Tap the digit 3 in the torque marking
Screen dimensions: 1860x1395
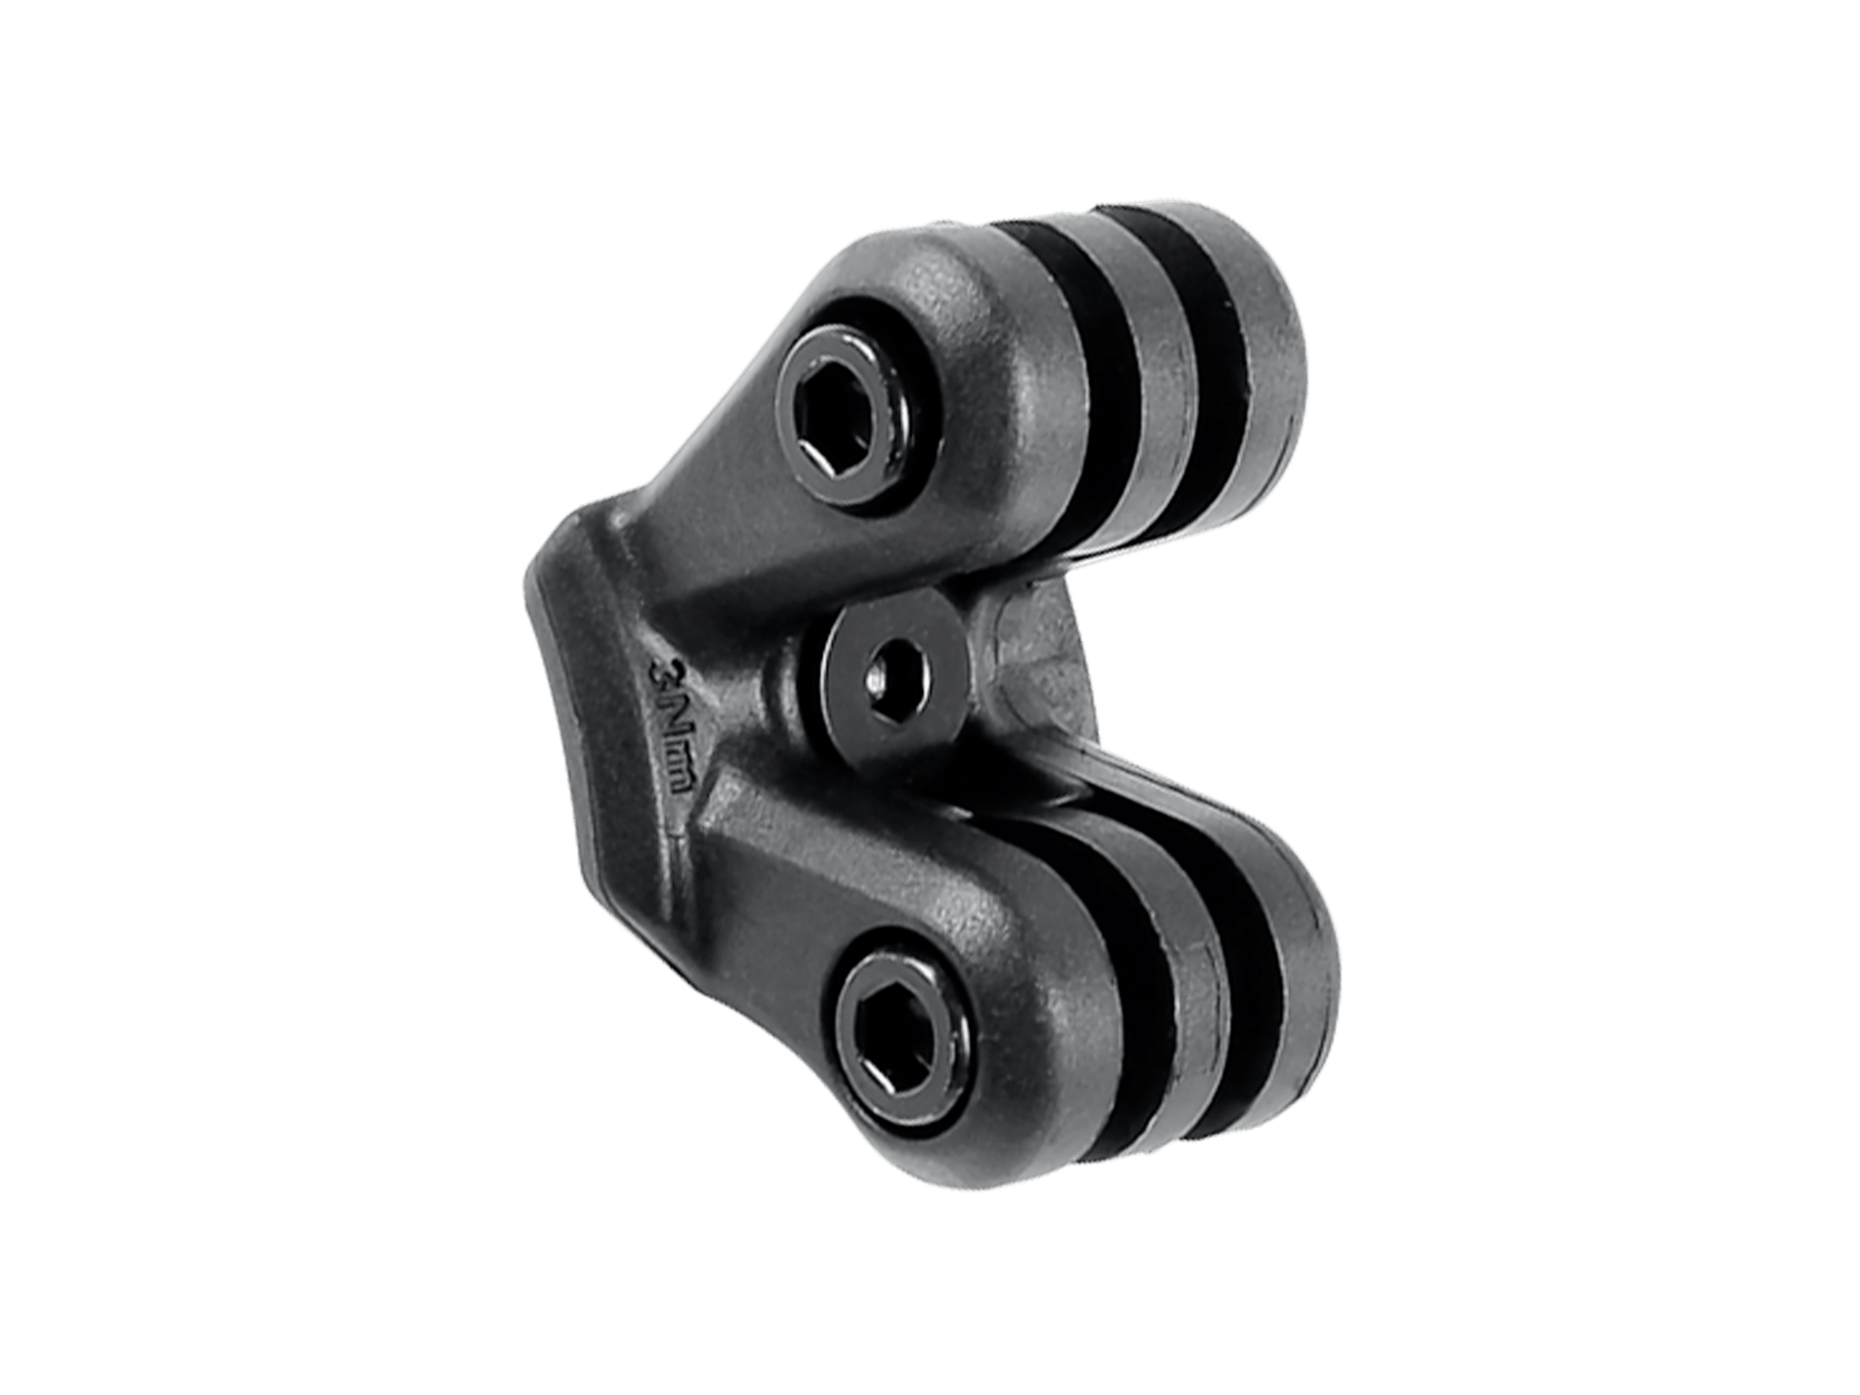pyautogui.click(x=658, y=674)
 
